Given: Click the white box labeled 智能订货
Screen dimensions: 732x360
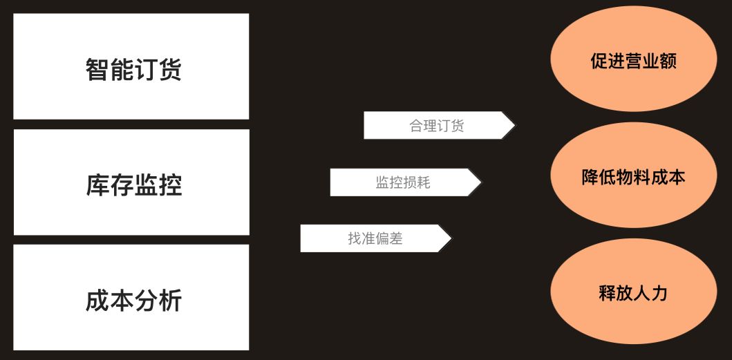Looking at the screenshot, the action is point(131,66).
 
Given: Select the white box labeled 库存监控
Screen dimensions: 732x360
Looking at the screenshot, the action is point(131,182).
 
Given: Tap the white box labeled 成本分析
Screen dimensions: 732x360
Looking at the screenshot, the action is point(131,297).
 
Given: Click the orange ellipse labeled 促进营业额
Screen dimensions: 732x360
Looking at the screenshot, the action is point(633,61).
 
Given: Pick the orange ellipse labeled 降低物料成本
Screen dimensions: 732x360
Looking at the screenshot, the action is point(633,177).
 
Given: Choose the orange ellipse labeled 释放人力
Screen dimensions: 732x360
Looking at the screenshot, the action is point(633,293).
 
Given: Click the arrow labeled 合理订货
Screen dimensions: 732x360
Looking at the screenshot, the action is point(437,125).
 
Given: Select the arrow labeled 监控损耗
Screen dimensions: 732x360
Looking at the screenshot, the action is point(403,182).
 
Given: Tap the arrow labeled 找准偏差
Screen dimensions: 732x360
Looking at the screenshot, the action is point(374,238).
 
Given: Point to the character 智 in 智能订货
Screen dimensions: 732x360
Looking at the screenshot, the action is point(97,70).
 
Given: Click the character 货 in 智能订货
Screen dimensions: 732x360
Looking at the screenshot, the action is point(170,70).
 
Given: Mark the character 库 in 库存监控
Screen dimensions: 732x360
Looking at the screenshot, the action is point(97,185).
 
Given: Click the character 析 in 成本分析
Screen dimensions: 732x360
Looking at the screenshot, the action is point(170,301).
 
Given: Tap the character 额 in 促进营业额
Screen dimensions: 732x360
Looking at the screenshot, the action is point(668,61).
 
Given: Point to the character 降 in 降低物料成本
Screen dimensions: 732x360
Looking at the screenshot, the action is point(590,177).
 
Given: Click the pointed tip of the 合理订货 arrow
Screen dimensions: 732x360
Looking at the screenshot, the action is point(514,125).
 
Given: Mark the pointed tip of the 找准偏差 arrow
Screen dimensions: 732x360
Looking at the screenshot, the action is point(450,238).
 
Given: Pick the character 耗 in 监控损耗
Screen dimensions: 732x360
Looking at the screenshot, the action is point(423,182).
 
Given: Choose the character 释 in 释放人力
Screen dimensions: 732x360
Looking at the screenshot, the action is point(607,293).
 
